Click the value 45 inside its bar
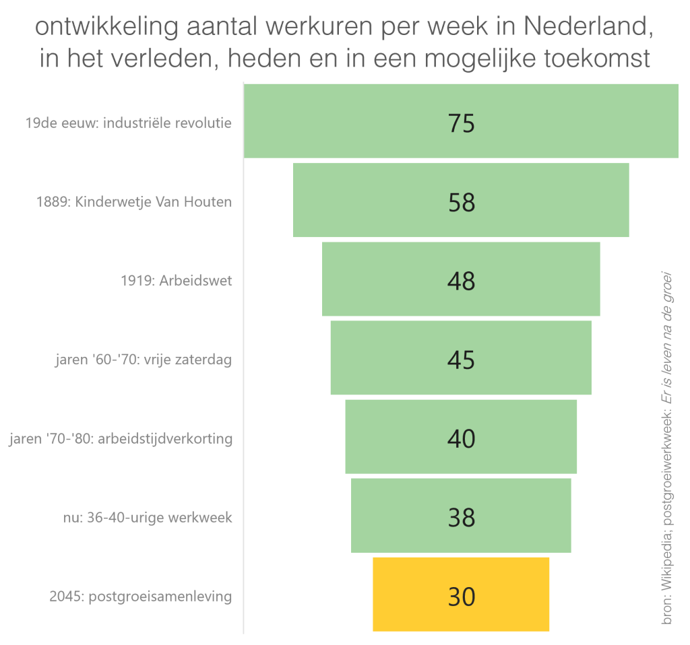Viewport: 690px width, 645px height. click(462, 359)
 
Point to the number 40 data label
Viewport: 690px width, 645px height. click(462, 438)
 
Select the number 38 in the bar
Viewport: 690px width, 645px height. click(462, 517)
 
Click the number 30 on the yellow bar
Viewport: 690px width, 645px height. click(462, 596)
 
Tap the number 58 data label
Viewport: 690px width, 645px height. click(462, 201)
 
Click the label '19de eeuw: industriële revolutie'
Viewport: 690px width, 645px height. click(128, 123)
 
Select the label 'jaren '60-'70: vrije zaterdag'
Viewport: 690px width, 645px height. click(143, 360)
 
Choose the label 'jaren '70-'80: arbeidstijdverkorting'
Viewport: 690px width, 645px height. click(121, 439)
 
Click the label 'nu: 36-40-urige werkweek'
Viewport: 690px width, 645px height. click(147, 518)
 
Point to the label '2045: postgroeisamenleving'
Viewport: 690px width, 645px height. click(141, 597)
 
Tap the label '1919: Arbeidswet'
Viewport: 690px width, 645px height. click(176, 281)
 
